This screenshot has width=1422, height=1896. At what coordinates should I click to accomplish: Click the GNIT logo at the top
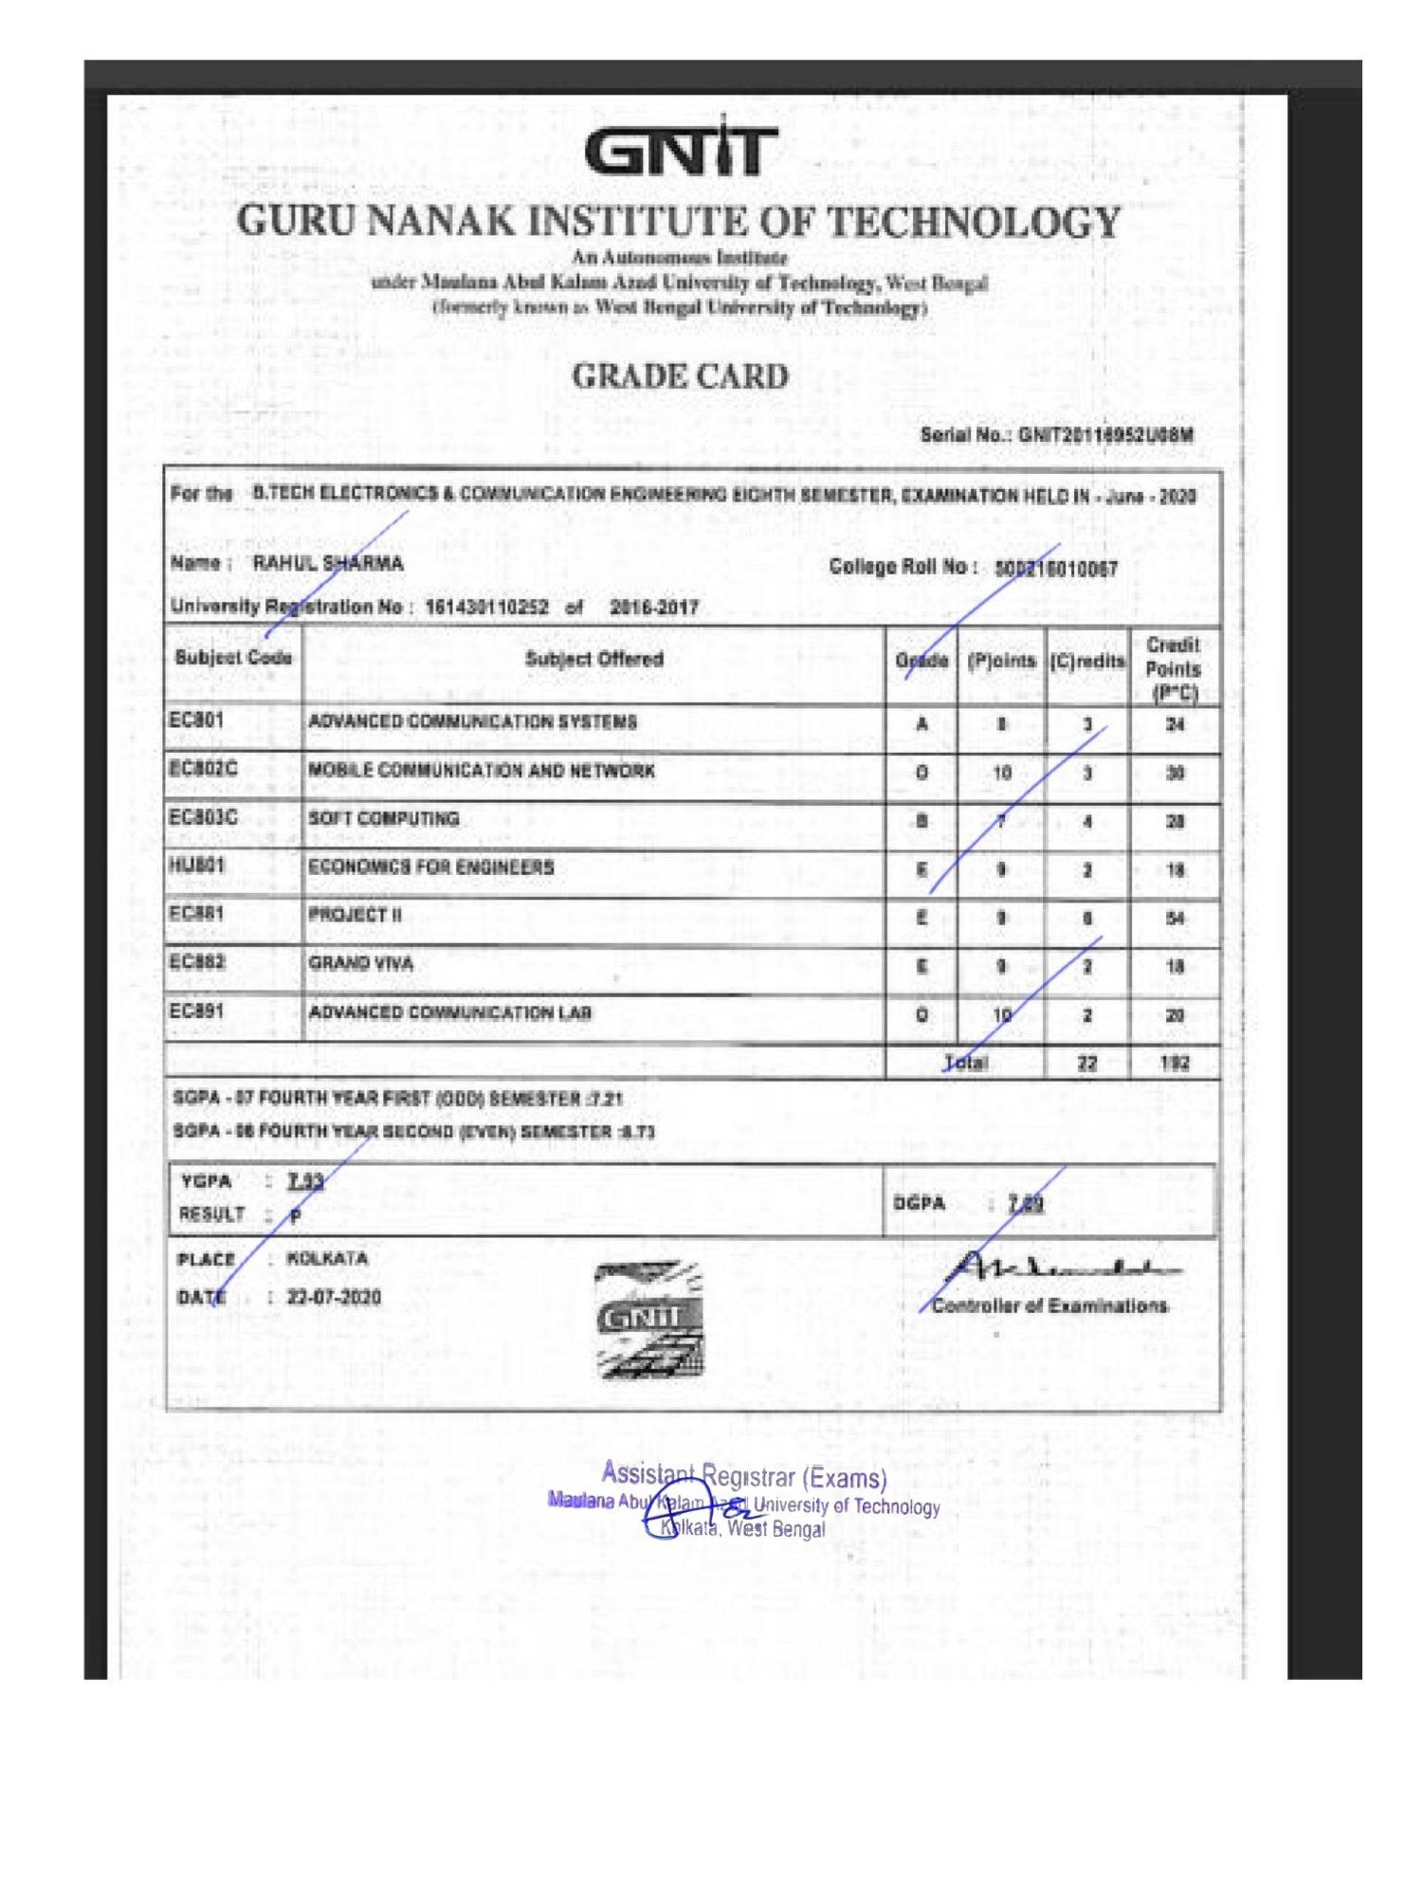[681, 150]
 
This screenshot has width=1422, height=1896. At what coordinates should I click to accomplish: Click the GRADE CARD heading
[680, 376]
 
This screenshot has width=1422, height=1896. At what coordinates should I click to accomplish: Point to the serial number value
[1105, 435]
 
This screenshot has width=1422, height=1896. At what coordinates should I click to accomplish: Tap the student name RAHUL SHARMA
[328, 563]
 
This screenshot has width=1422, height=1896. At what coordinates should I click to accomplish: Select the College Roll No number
[1055, 569]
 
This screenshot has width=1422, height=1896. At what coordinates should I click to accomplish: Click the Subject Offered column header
[594, 659]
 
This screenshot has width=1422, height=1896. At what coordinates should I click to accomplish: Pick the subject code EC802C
[203, 768]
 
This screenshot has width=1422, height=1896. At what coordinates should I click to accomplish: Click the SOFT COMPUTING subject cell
[384, 818]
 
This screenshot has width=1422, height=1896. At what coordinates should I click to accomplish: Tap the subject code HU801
[196, 866]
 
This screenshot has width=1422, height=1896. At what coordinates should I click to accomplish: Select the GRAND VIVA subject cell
[361, 963]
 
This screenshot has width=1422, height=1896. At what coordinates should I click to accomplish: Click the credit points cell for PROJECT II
[1175, 918]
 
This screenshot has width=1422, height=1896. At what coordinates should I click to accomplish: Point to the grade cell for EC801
[921, 724]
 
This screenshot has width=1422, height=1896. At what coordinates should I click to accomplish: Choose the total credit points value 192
[1174, 1064]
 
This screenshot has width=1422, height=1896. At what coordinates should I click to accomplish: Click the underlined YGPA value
[305, 1181]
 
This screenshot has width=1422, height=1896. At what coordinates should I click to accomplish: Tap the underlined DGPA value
[1026, 1203]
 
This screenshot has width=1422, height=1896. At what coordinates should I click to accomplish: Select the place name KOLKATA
[327, 1259]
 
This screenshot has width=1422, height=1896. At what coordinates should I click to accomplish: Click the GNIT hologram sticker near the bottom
[649, 1319]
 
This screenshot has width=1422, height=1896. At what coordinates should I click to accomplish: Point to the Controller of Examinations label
[1049, 1306]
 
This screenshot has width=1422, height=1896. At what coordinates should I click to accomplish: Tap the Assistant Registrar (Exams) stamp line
[744, 1477]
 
